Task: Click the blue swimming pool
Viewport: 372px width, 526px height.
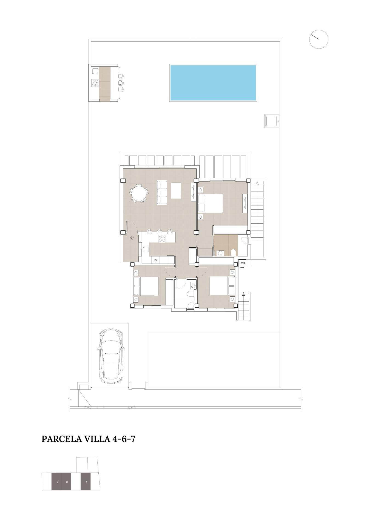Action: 213,83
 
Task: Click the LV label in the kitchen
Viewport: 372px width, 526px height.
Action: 155,260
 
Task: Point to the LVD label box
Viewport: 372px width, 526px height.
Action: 242,263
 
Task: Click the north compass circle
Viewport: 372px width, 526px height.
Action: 319,39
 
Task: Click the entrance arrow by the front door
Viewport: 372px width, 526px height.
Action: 132,237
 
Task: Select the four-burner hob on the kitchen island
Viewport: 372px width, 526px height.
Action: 162,239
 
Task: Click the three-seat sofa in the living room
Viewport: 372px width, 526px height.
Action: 161,192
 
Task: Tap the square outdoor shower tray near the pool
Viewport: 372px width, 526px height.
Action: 272,121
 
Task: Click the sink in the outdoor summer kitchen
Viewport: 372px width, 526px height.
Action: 95,72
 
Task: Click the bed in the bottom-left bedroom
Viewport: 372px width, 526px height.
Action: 146,286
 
